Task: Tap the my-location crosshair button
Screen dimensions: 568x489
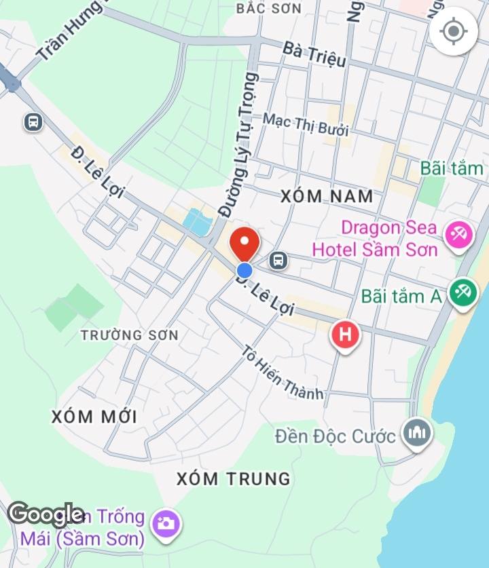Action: point(453,31)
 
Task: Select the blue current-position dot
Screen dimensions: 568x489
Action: point(244,270)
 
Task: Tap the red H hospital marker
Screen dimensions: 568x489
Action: point(345,335)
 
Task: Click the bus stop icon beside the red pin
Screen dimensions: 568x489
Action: point(277,259)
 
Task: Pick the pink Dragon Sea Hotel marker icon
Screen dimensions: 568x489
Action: point(458,235)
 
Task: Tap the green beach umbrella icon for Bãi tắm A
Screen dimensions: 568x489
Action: point(463,295)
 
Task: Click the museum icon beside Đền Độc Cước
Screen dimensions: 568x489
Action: point(416,433)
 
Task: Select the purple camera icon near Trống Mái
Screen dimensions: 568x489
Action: point(166,523)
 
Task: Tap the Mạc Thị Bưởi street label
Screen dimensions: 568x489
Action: point(305,126)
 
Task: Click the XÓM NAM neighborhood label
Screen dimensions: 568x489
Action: point(327,197)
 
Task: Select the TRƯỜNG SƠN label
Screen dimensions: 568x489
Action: point(129,335)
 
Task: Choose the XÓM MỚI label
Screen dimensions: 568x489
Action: point(94,416)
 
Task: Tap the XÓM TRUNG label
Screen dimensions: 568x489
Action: point(233,478)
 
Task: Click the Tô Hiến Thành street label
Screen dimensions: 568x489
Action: point(283,373)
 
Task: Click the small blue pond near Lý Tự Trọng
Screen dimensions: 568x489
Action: point(197,222)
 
